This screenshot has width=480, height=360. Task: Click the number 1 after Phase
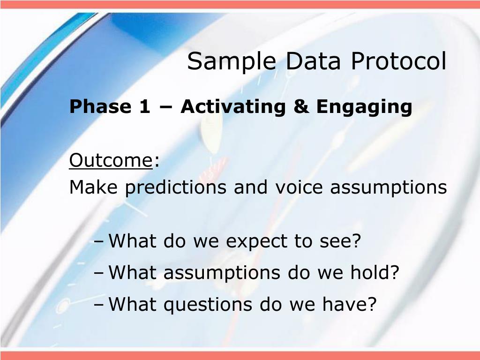pos(145,106)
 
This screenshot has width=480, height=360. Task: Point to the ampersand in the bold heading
pos(301,106)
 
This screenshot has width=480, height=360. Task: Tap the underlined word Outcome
pos(111,160)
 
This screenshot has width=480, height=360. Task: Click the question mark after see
pos(357,240)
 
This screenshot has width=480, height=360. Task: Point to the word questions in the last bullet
pos(208,305)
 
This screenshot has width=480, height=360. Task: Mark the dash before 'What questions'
pos(99,305)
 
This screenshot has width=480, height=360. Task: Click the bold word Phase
pos(100,106)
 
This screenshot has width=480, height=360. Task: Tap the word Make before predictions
pos(93,187)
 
